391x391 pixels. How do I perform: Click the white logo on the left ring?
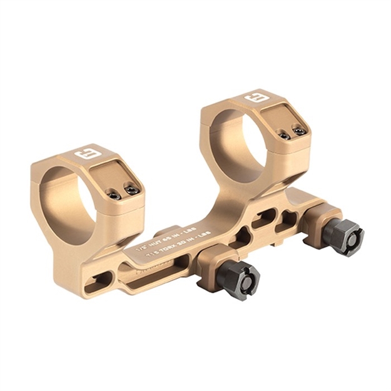tap(84, 154)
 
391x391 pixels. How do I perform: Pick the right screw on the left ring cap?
tap(131, 188)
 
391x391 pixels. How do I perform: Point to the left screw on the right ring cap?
tap(284, 135)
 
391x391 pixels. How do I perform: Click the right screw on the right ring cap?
tap(300, 131)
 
